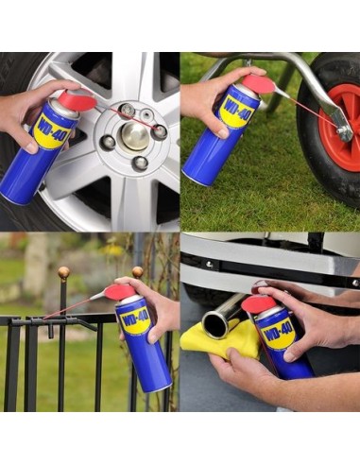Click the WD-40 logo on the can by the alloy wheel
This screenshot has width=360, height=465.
53,128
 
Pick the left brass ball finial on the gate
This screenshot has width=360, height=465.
64,274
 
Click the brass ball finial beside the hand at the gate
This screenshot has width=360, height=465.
137,273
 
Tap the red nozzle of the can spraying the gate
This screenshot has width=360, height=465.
121,292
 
